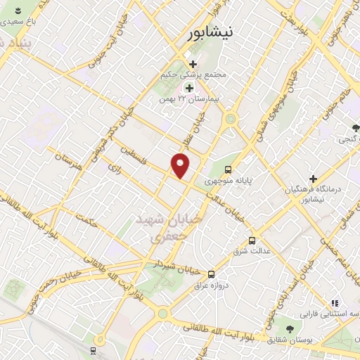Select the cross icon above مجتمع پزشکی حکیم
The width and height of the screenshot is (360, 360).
(192, 65)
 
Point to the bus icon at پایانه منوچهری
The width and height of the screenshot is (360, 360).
(229, 169)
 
